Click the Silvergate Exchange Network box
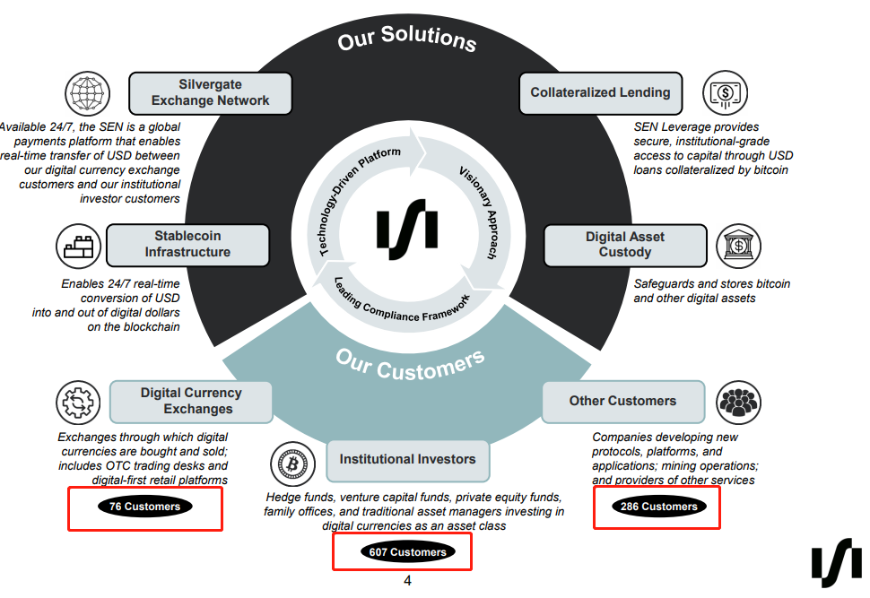[211, 92]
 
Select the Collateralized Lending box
[600, 92]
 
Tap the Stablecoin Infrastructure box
[187, 245]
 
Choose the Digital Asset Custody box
[624, 245]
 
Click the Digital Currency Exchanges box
[191, 401]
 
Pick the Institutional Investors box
[407, 459]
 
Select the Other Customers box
[622, 401]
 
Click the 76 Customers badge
[144, 507]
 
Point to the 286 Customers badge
[658, 507]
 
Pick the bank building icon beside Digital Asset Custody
[739, 246]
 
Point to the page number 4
[407, 581]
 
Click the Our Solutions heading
[407, 39]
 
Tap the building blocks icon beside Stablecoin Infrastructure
[77, 246]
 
